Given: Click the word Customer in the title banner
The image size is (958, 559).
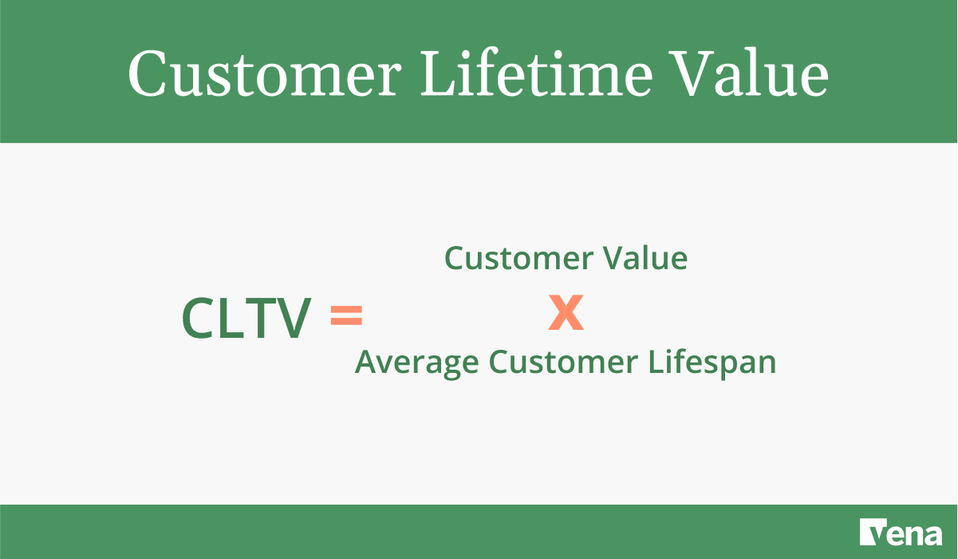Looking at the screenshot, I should point(264,74).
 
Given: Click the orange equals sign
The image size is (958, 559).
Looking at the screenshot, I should point(346,316).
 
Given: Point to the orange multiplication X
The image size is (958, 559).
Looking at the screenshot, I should point(566,312).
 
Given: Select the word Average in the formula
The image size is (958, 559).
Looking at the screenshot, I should point(416,363).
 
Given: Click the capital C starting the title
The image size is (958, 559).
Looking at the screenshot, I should point(148,74).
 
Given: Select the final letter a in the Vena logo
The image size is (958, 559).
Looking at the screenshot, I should point(930,534).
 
